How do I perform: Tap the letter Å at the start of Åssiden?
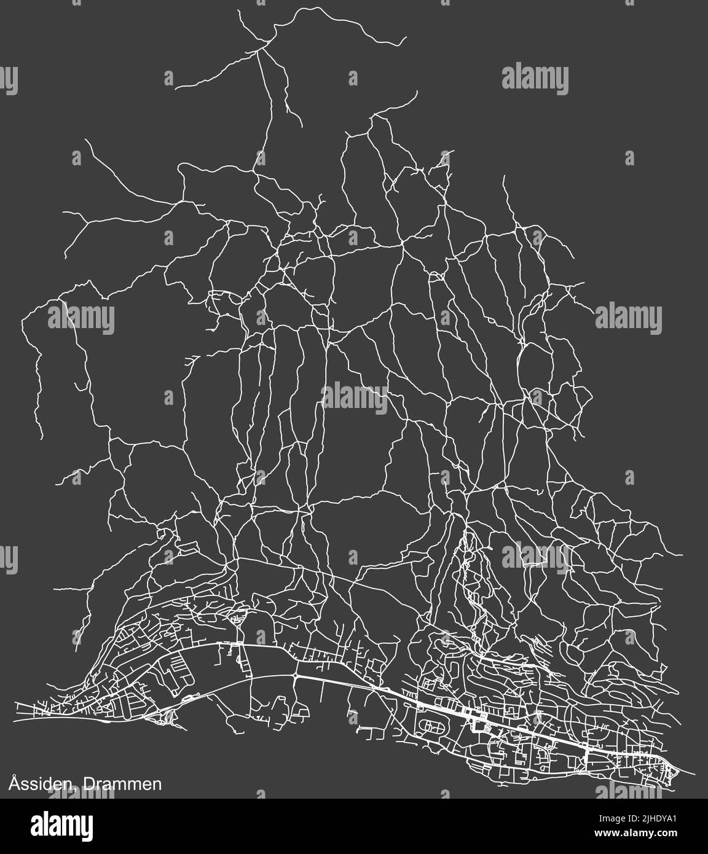(13, 783)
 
